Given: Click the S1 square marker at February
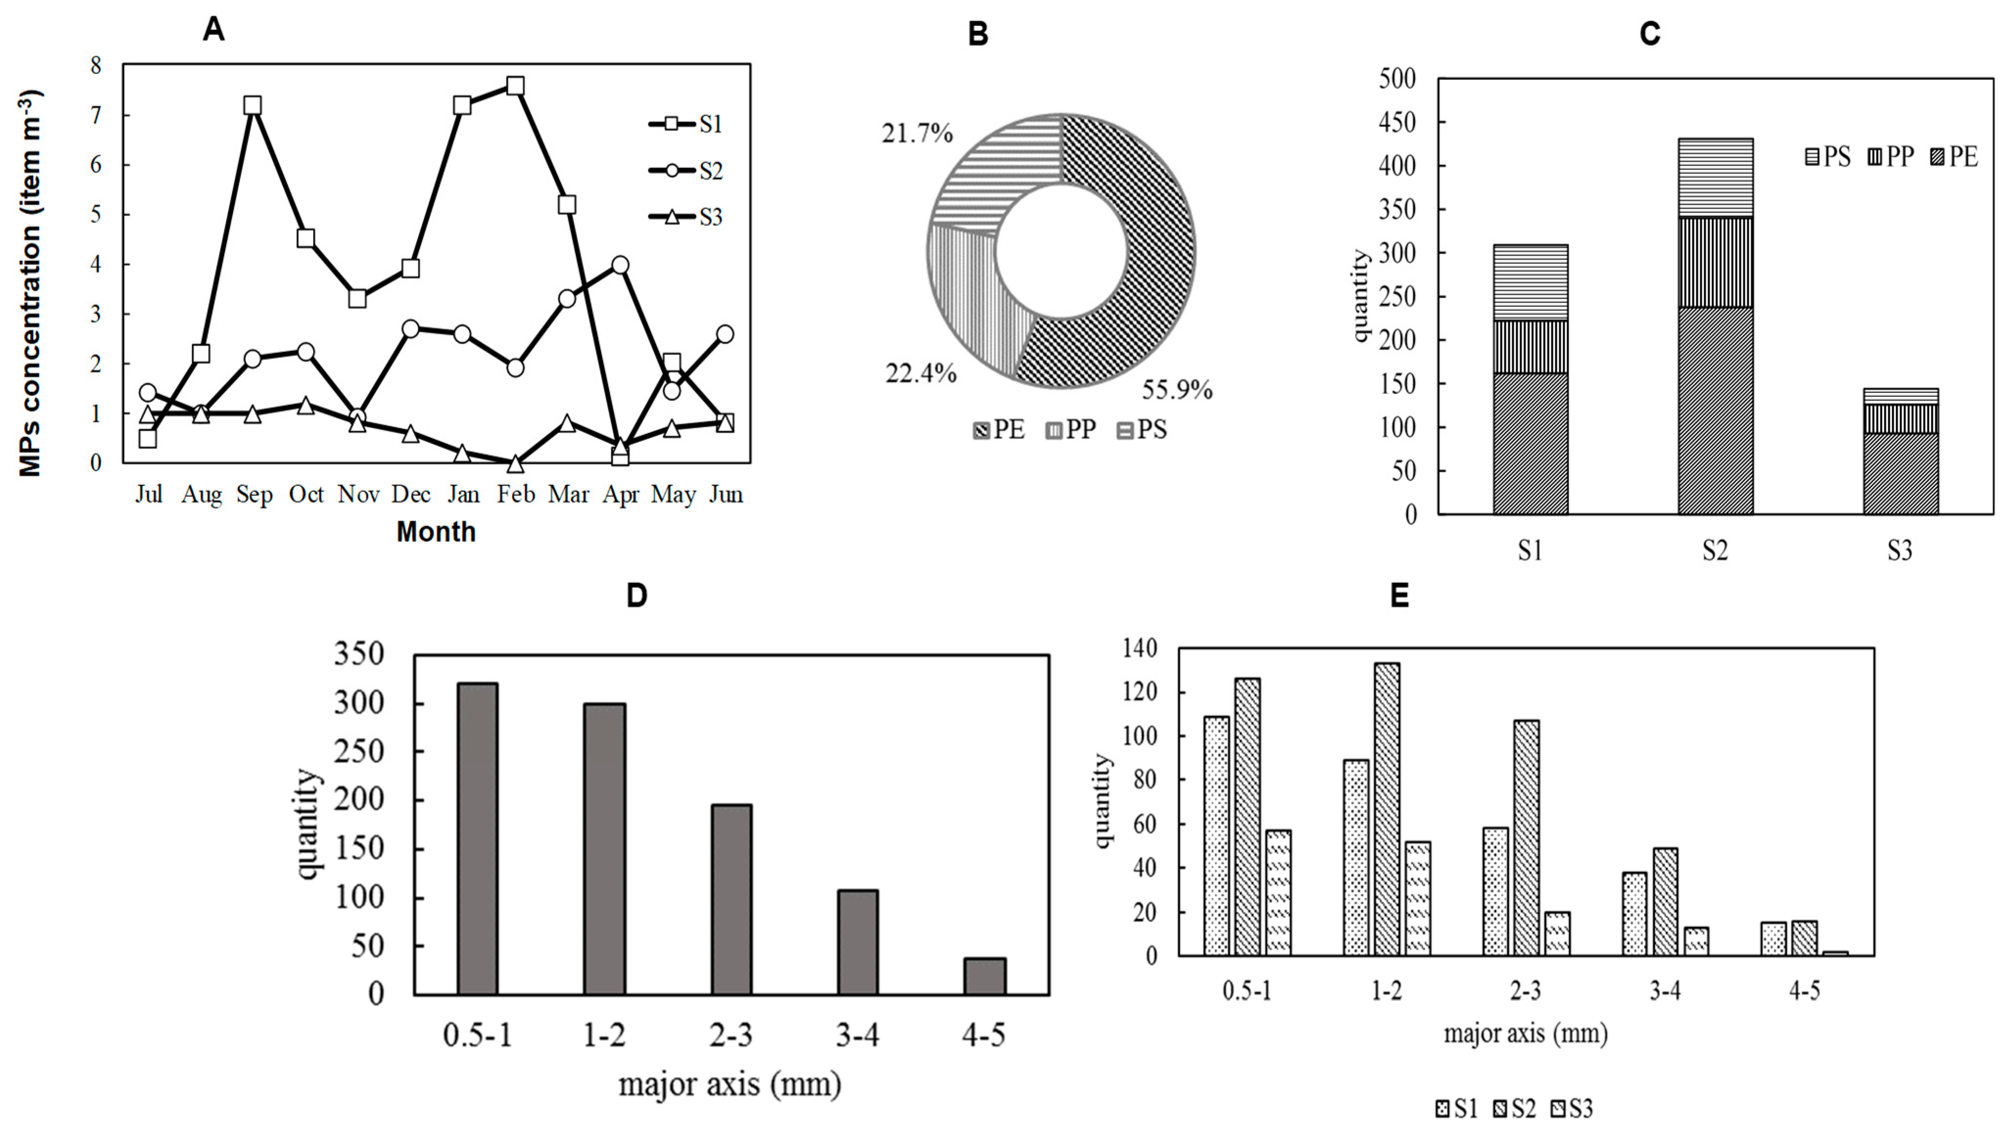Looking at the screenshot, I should [515, 86].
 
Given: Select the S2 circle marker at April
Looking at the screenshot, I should [620, 265].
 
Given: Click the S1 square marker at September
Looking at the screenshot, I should [252, 105].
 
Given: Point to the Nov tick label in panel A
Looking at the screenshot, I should [358, 495].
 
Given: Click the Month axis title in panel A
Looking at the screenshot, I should [436, 532].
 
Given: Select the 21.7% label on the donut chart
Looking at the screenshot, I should [917, 134].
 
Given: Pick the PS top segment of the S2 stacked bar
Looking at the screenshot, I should [1715, 178].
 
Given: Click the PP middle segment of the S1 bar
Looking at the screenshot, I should [1530, 347].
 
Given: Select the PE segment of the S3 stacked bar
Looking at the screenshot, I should [1900, 474].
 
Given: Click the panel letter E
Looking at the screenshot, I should [1399, 596].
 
